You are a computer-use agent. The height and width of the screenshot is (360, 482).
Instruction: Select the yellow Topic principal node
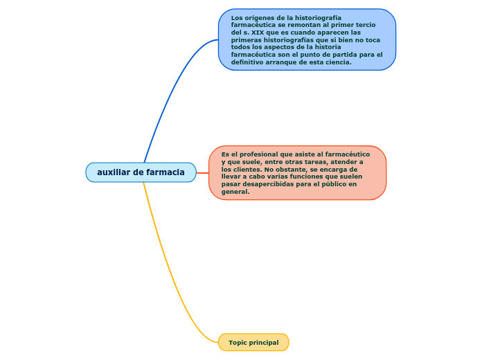click(x=253, y=343)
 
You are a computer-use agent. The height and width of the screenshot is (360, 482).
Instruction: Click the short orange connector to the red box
click(x=202, y=173)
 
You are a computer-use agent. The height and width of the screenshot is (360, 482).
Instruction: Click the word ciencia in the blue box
click(x=338, y=62)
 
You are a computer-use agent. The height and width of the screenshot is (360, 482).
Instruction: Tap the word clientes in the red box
click(x=245, y=170)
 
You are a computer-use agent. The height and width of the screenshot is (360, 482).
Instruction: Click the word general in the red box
click(x=235, y=192)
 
